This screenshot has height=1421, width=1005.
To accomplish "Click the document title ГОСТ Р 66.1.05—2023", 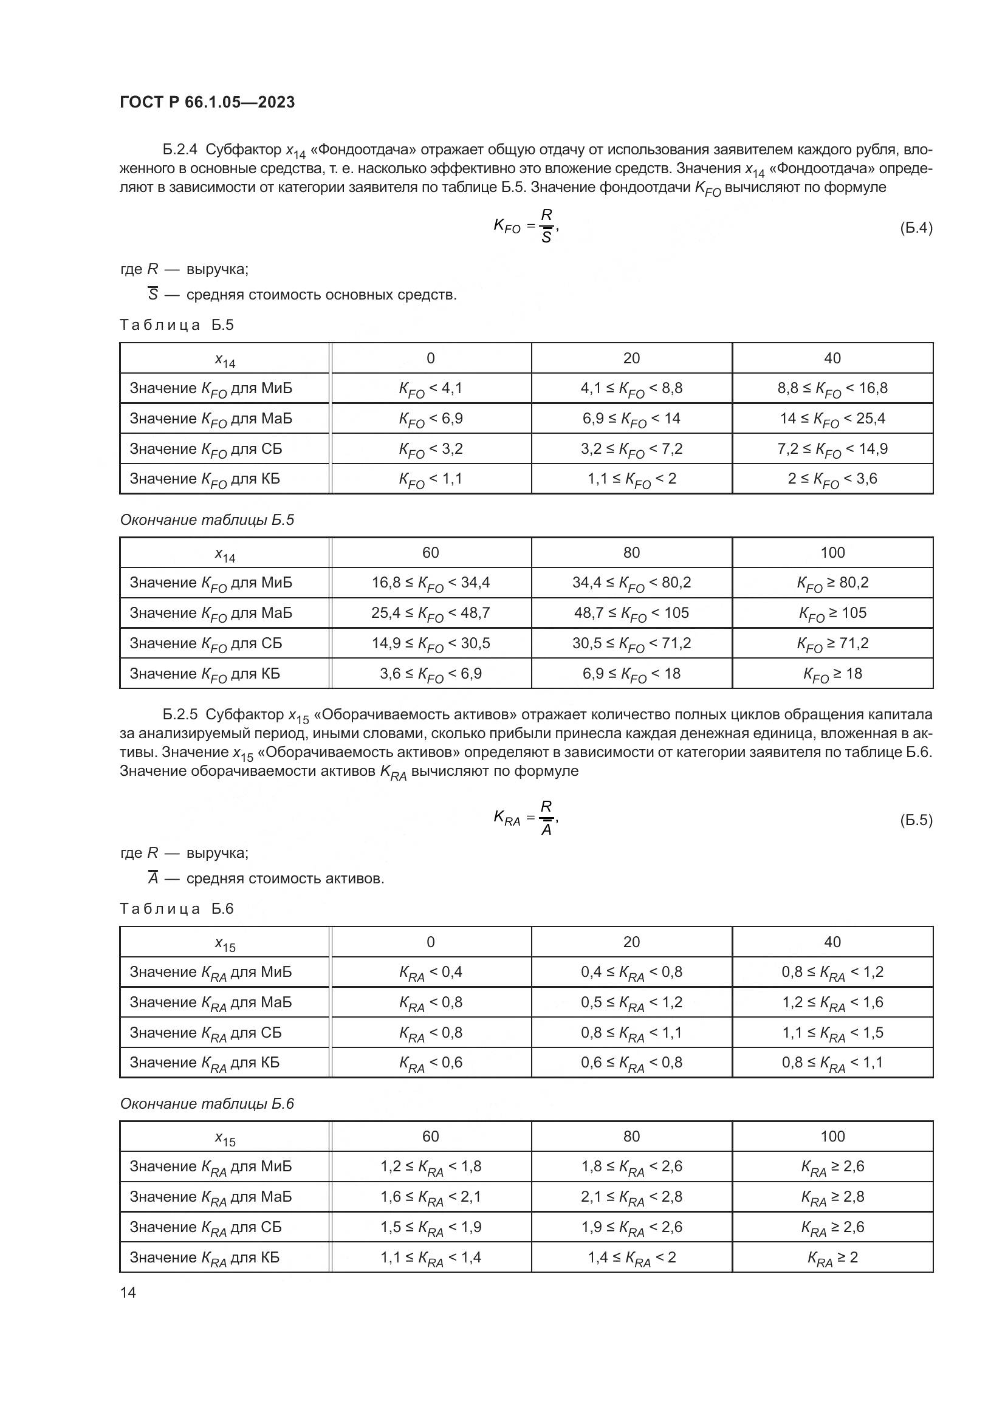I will click(x=207, y=102).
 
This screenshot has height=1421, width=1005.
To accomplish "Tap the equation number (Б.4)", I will click(x=915, y=228).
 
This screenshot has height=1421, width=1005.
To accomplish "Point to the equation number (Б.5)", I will click(x=915, y=820).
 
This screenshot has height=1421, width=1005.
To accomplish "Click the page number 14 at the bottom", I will click(x=128, y=1292).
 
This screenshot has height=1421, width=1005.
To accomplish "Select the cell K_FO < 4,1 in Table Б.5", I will click(x=430, y=389).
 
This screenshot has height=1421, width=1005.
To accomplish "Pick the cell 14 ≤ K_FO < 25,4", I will click(x=832, y=419).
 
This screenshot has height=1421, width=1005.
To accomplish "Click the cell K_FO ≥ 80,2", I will click(x=832, y=583).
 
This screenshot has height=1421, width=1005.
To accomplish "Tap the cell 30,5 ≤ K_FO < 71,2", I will click(x=631, y=643).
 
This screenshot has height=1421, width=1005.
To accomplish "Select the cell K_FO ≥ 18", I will click(x=832, y=674).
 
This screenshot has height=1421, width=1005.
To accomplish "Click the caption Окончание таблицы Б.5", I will click(x=207, y=520).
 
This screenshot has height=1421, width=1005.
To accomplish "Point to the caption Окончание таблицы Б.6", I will click(x=207, y=1103).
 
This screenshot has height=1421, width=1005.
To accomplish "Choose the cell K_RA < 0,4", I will click(x=430, y=972).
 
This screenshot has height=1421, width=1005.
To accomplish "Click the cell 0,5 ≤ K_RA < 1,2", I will click(x=631, y=1002).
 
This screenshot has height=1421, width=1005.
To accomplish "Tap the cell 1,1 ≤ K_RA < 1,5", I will click(x=832, y=1033).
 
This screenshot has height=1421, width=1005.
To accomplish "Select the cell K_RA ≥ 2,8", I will click(x=832, y=1197).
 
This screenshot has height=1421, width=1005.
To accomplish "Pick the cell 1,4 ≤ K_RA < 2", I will click(x=631, y=1258).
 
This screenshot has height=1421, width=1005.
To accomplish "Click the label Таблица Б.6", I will click(x=177, y=908).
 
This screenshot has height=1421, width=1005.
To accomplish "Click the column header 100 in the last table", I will click(x=832, y=1136).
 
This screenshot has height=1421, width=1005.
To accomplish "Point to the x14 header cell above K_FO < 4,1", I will click(x=225, y=359).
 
